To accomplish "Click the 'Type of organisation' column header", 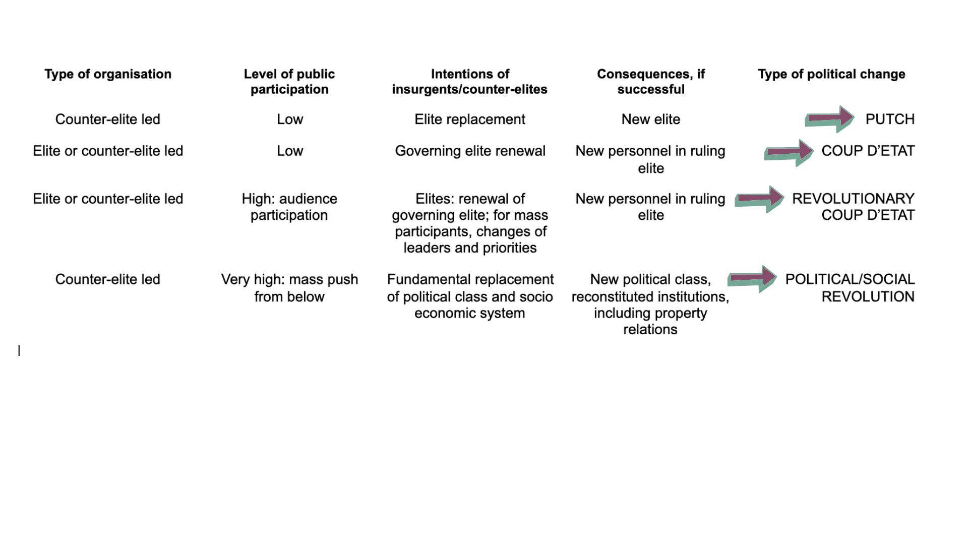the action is click(108, 74).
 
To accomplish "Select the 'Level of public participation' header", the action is click(289, 82).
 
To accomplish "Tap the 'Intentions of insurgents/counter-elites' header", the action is click(470, 82).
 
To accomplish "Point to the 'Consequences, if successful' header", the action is click(651, 82).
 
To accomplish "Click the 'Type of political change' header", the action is click(831, 74).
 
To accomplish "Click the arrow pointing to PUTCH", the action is click(829, 119).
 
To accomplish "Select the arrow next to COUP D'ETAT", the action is click(789, 153).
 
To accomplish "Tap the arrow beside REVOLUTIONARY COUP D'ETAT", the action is click(759, 199).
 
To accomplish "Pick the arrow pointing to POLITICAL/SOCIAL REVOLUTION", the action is click(752, 279).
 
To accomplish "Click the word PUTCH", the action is click(890, 119).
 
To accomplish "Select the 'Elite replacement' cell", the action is click(470, 119).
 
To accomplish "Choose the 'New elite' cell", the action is click(651, 119).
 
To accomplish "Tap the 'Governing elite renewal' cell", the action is click(470, 151).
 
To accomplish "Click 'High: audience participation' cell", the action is click(289, 207).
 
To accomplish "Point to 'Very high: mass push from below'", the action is click(289, 288).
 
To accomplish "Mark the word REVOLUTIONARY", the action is click(853, 199).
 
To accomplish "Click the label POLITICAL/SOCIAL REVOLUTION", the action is click(850, 288).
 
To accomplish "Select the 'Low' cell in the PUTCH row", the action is click(290, 119).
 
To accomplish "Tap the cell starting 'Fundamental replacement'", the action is click(470, 296).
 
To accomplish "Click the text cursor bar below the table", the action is click(19, 350).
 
